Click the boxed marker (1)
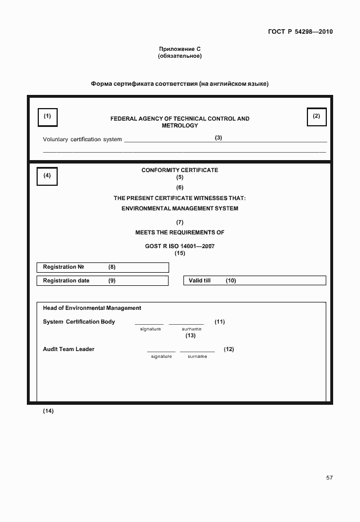(x=47, y=117)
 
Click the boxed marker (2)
(x=317, y=117)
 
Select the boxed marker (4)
(x=47, y=176)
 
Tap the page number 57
(x=329, y=478)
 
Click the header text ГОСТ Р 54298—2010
(x=300, y=31)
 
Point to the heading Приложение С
(x=179, y=49)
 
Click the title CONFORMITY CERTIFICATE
(x=179, y=170)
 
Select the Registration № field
(x=103, y=267)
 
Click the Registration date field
(x=103, y=281)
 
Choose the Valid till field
(x=254, y=281)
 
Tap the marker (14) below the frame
(x=48, y=411)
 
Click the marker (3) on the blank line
(x=218, y=137)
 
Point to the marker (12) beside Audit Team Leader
(x=229, y=349)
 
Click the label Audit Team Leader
(x=69, y=349)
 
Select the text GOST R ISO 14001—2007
(x=179, y=246)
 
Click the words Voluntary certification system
(x=82, y=140)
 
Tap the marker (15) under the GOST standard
(x=180, y=253)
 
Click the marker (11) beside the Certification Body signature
(x=219, y=321)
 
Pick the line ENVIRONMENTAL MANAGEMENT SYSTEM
(x=179, y=209)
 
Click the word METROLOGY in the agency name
(x=179, y=125)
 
